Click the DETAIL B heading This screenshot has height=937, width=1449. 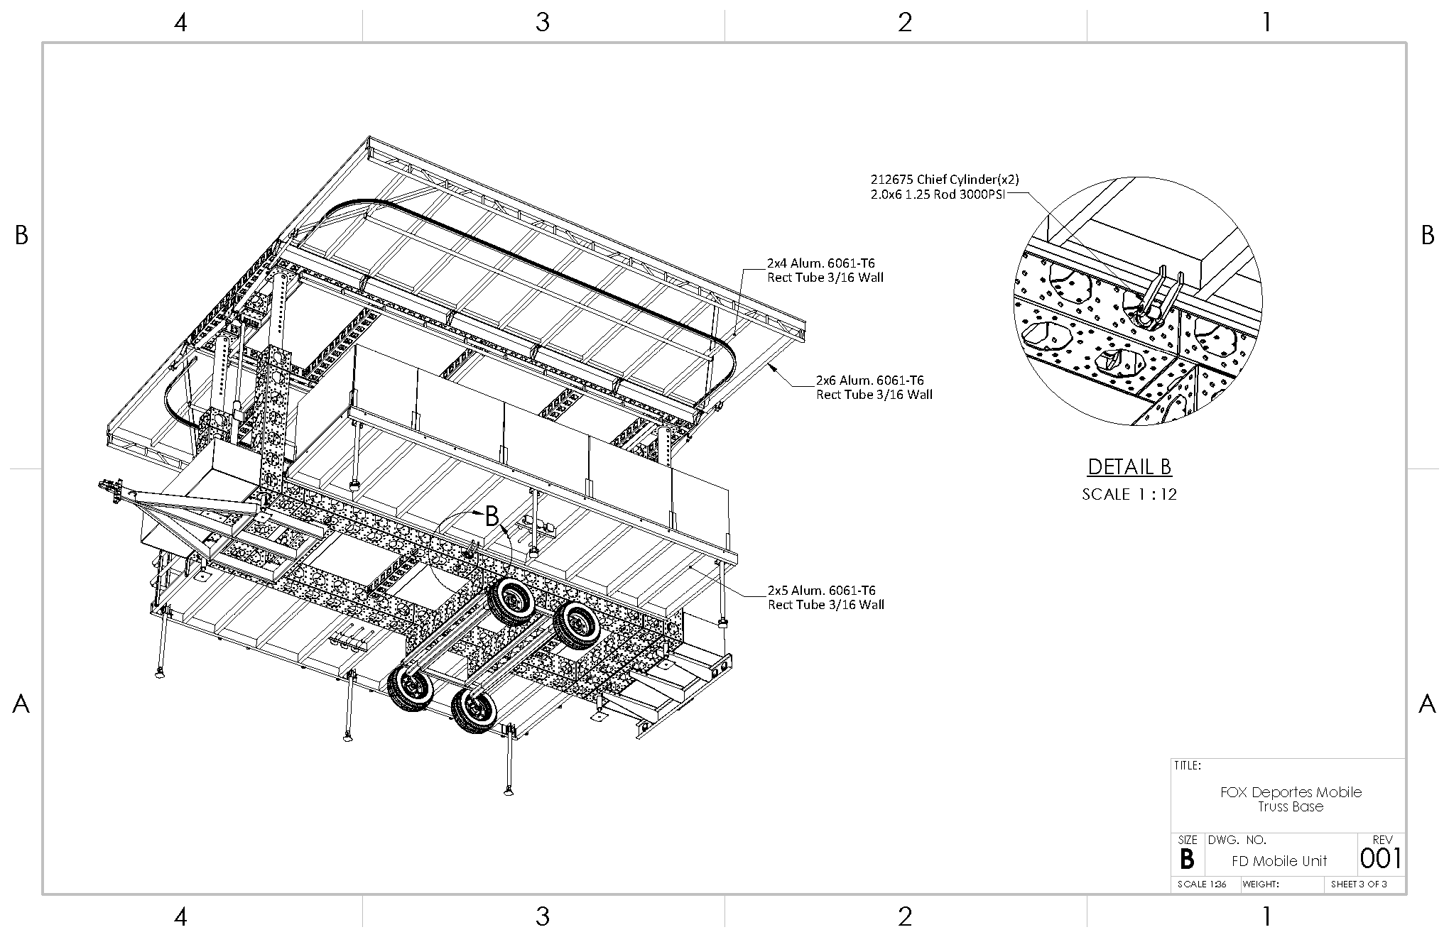(1129, 467)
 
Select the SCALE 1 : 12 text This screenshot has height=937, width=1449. (1129, 495)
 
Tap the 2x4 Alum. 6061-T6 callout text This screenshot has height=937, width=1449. (825, 270)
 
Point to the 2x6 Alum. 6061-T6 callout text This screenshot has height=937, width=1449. (874, 388)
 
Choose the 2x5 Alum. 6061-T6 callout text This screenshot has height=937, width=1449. (825, 598)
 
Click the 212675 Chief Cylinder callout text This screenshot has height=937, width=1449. (945, 187)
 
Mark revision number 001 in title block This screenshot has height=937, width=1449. (1381, 859)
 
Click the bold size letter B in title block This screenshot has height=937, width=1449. (1186, 860)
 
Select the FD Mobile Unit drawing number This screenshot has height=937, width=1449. (1279, 861)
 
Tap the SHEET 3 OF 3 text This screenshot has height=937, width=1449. (1359, 884)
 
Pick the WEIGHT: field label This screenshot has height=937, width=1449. (1261, 884)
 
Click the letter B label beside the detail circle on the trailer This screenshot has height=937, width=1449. (492, 517)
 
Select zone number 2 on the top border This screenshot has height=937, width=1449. (904, 23)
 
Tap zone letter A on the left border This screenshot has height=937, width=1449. (21, 704)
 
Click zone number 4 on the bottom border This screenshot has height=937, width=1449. (180, 917)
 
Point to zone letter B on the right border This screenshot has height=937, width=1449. (1428, 236)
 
